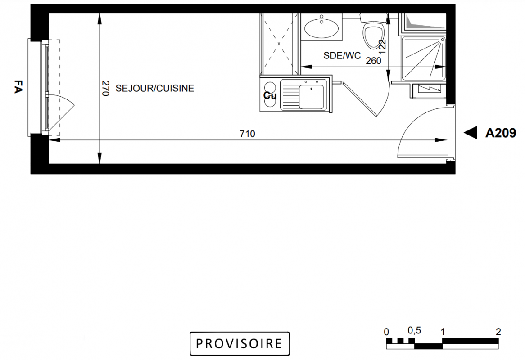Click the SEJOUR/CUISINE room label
point(155,88)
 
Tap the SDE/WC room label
point(342,55)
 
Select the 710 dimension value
point(248,134)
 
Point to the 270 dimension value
point(105,88)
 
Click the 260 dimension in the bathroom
point(373,61)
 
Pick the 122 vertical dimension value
point(382,45)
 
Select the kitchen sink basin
point(312,97)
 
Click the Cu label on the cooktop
point(270,96)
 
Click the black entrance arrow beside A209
point(471,133)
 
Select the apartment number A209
point(501,133)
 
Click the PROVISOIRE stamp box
point(240,344)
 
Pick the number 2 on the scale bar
point(498,332)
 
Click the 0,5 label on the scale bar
point(414,331)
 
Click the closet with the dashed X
point(279,44)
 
